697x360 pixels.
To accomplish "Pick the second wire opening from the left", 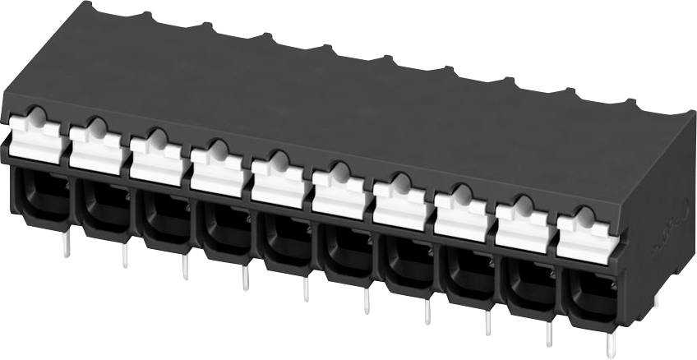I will click(103, 202).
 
